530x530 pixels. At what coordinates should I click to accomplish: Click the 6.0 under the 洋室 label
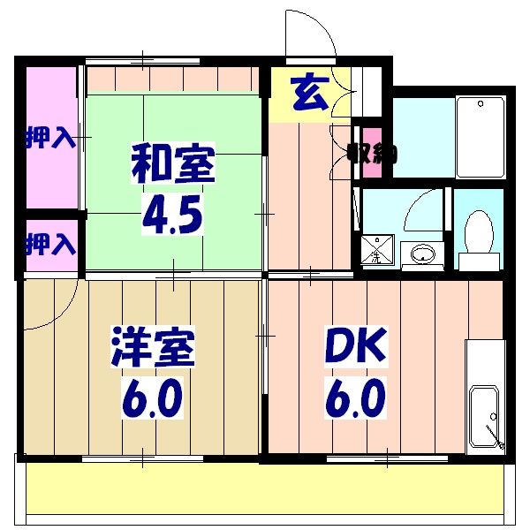click(x=152, y=400)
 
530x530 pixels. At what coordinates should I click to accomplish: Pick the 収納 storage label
click(x=371, y=152)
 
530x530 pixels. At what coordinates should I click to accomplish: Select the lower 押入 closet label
click(x=49, y=241)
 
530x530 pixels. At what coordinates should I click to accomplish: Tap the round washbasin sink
click(x=423, y=254)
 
